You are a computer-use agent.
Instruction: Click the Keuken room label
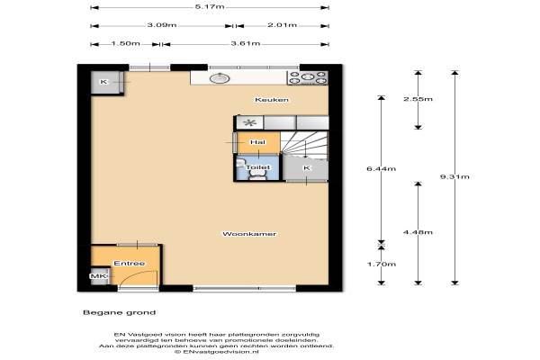(x=272, y=100)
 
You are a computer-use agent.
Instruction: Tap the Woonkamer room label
(x=249, y=234)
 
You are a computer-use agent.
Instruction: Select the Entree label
(x=129, y=263)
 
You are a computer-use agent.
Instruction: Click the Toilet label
(x=258, y=167)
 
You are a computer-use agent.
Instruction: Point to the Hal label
(x=258, y=142)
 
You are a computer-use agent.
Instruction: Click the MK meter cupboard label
(x=98, y=276)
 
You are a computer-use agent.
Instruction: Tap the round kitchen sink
(x=220, y=78)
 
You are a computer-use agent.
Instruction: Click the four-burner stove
(x=307, y=78)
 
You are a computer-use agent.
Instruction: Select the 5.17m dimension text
(x=210, y=6)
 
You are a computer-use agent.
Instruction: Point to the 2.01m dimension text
(x=282, y=25)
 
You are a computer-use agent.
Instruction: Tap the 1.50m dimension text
(x=126, y=43)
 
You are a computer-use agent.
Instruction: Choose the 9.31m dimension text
(x=454, y=176)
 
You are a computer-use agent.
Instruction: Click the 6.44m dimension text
(x=382, y=169)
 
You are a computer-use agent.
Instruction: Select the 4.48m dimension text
(x=418, y=232)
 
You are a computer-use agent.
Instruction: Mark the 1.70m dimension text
(x=382, y=265)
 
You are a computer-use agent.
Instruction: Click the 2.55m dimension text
(x=418, y=99)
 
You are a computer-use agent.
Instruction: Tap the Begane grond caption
(x=119, y=312)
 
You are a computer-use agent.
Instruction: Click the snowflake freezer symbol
(x=249, y=122)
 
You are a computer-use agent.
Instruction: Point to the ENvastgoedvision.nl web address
(x=217, y=352)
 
